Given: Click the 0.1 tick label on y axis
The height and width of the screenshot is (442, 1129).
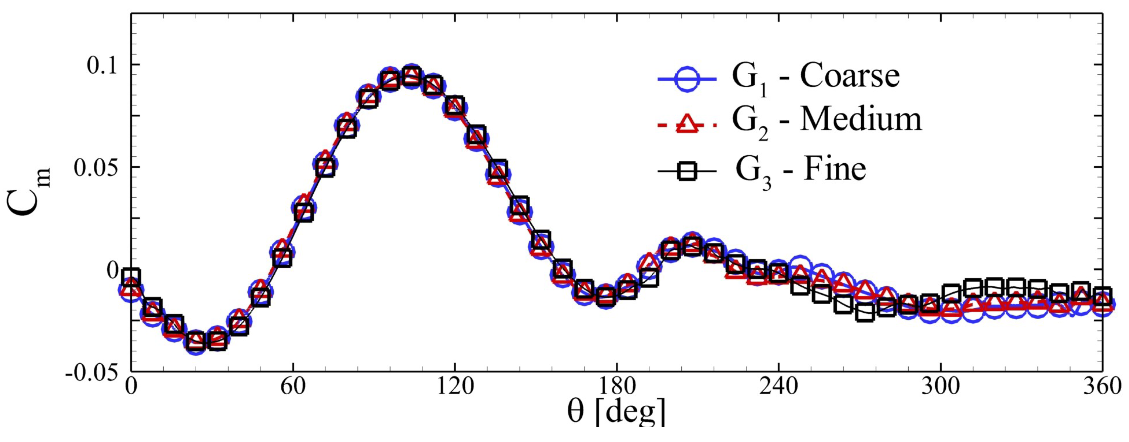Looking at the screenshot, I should coord(102,66).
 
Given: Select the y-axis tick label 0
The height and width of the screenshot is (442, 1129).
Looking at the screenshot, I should coord(113,270).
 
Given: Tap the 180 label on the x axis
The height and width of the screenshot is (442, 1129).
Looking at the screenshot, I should coord(617,387).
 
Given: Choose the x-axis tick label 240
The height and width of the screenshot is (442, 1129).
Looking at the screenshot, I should coord(778,387).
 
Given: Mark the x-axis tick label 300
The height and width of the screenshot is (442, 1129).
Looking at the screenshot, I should coord(941,387).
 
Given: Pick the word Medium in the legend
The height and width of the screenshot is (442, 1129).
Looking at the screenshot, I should coord(861,119).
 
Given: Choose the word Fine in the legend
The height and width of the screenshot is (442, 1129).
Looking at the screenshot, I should coord(835,169).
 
